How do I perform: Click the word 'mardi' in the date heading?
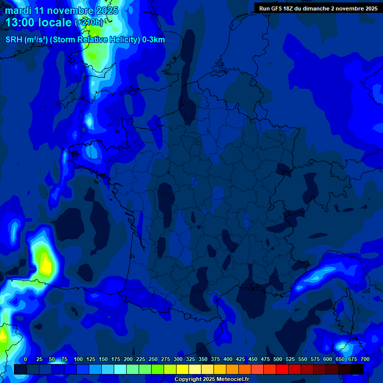point(18,10)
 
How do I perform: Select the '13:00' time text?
point(21,22)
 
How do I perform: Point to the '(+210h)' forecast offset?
point(89,22)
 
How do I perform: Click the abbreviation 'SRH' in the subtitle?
point(14,40)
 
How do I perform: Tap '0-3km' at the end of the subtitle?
point(154,40)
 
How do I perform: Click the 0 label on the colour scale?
point(25,359)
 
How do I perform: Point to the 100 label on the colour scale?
point(78,359)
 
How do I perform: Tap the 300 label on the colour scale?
point(178,359)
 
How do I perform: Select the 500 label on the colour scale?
point(278,359)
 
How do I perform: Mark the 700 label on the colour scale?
point(365,359)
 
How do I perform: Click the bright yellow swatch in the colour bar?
point(183,369)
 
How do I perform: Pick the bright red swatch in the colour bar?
point(282,369)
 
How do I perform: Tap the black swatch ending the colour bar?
point(357,369)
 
